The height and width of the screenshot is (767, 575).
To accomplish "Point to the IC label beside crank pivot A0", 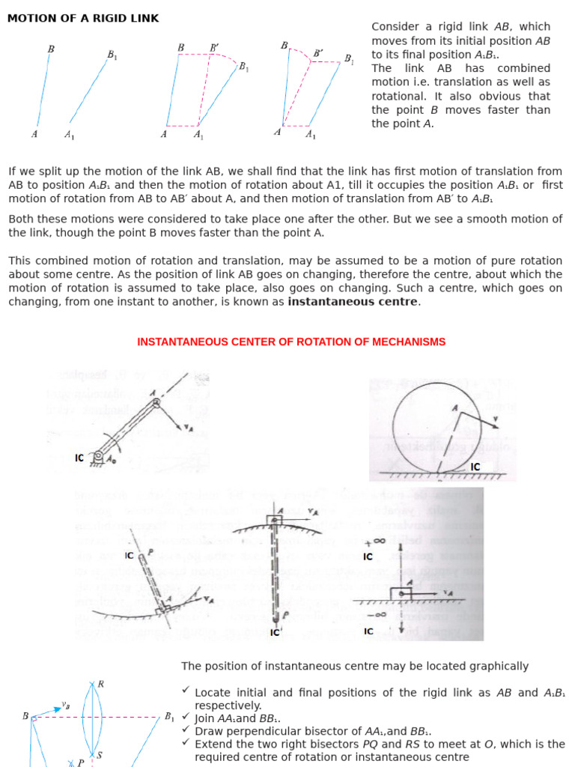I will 79,458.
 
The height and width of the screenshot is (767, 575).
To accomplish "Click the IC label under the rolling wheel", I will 475,467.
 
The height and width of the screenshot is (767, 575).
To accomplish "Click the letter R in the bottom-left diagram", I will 101,684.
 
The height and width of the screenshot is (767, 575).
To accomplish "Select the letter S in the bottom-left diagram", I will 99,756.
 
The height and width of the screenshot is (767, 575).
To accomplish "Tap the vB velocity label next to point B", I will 66,705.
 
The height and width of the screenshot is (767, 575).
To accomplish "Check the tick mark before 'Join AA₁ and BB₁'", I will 186,717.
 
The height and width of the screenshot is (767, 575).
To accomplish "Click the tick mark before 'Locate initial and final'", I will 186,692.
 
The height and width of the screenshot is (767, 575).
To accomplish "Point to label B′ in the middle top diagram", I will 215,48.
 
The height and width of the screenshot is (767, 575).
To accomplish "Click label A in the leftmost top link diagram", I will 34,135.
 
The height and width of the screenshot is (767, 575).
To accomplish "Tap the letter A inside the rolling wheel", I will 454,407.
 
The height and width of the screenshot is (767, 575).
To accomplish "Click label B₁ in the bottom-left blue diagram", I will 169,717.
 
